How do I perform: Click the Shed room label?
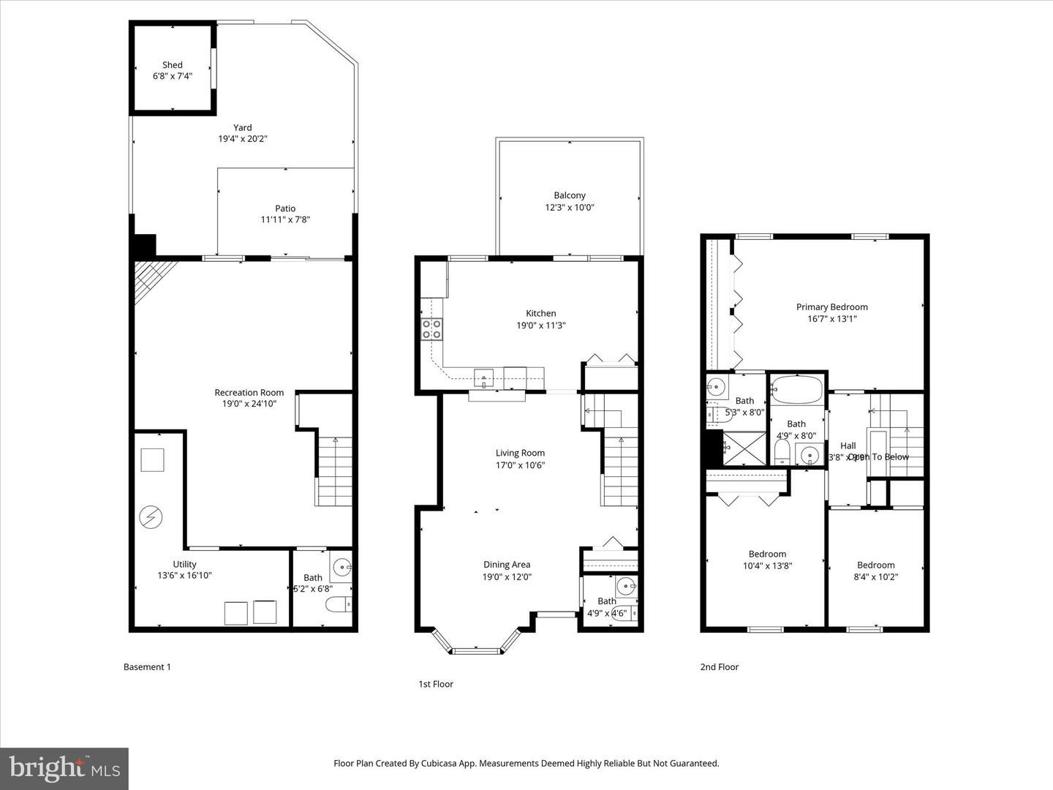click(173, 65)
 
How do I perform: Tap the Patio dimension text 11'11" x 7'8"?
click(285, 219)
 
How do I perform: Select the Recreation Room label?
click(249, 393)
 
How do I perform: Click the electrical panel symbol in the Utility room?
click(151, 518)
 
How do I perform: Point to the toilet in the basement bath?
click(337, 604)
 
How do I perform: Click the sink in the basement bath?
click(341, 566)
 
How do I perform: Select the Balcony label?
click(570, 195)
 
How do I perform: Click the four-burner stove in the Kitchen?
click(431, 329)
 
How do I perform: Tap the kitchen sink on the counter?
click(484, 379)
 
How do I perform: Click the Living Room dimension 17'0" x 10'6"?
click(520, 465)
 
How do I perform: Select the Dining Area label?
click(507, 565)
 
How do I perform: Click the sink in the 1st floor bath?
click(625, 586)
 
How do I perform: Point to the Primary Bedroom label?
click(832, 307)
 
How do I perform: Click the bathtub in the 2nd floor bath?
click(797, 390)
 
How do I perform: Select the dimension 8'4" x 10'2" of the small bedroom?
click(875, 576)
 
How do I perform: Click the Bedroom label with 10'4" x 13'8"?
click(767, 554)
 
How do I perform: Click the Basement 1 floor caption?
click(147, 667)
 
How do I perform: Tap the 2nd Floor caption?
click(720, 667)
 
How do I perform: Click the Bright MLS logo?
click(64, 768)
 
